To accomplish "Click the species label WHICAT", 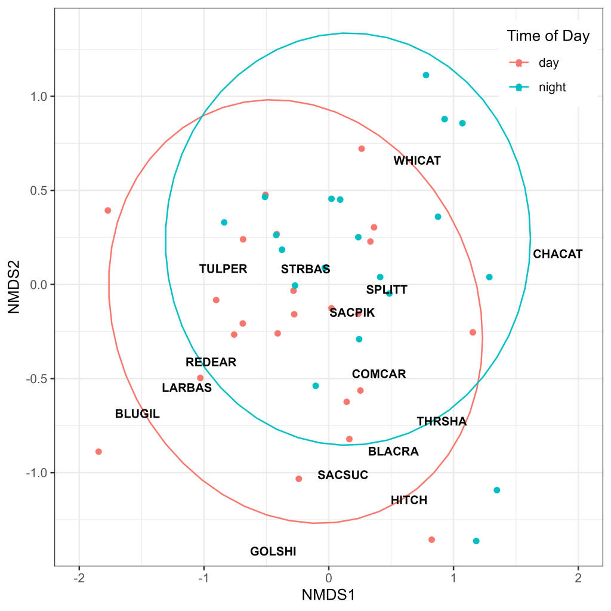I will click(417, 161).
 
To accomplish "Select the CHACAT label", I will click(557, 254).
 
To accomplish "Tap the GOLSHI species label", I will click(273, 551).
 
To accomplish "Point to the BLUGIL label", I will click(137, 413).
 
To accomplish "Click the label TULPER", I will click(223, 269).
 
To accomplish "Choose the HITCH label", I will click(409, 500).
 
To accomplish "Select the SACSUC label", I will click(342, 475).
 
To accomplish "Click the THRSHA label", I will click(442, 421).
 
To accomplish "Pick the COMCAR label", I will click(379, 374).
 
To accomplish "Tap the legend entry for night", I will click(552, 87).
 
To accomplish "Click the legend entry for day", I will click(548, 62).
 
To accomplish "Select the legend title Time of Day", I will click(548, 36).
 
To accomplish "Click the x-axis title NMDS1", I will click(328, 595).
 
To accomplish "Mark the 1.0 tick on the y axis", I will click(40, 97).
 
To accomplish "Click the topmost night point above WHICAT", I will click(426, 75).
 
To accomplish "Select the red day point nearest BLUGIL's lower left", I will click(98, 452).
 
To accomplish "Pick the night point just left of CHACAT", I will click(489, 277).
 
